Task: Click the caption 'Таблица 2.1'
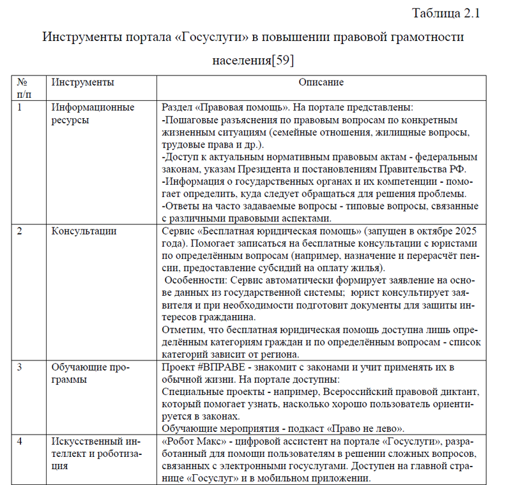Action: tap(446, 13)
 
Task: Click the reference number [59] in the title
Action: tap(283, 61)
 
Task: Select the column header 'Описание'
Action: tap(321, 82)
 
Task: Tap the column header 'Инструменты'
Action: tap(83, 82)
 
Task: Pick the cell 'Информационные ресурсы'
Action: tap(93, 113)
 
